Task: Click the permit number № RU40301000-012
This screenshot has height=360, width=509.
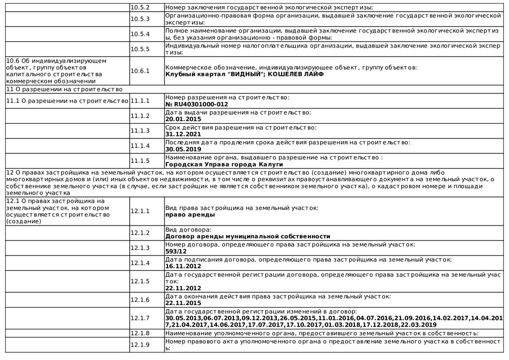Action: (197, 104)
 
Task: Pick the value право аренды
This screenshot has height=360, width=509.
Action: (190, 214)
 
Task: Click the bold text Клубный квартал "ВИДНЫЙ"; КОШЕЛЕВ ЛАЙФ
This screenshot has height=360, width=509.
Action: (244, 74)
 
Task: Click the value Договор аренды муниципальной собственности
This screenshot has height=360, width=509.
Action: (248, 236)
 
